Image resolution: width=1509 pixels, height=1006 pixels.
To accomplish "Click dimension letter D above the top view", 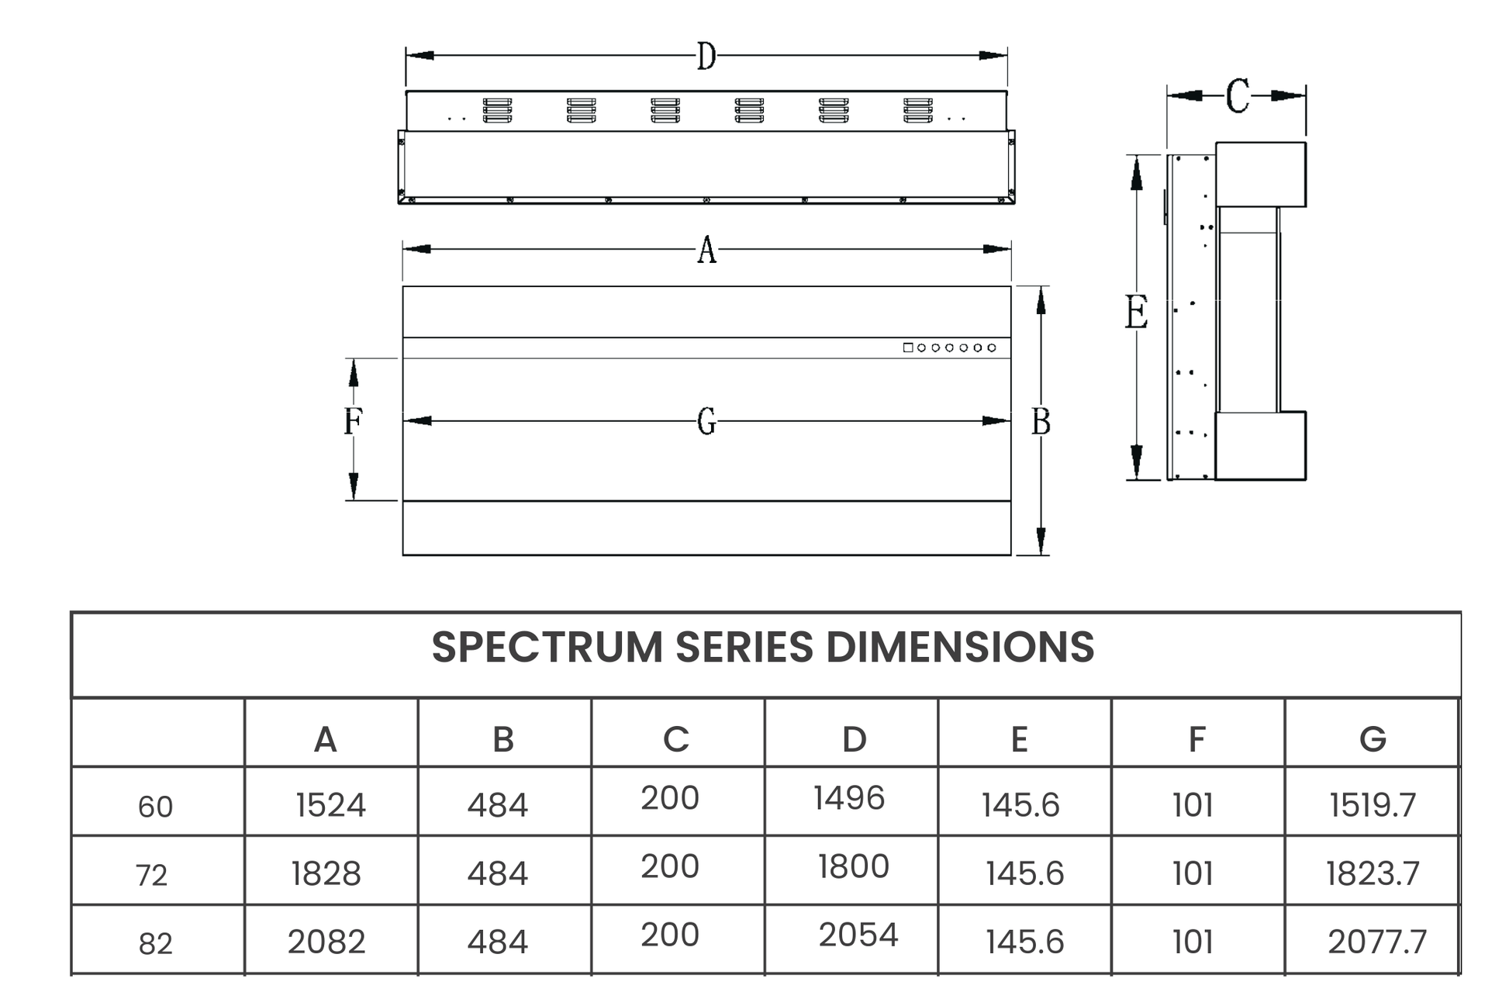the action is point(706,56).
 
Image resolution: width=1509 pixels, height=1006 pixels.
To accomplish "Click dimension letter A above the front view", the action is point(706,250).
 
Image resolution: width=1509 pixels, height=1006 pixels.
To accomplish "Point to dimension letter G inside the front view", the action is point(706,421).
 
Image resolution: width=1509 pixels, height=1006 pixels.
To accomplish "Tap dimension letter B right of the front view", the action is point(1041,421).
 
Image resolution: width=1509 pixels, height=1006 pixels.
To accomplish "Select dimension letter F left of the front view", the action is point(353,421).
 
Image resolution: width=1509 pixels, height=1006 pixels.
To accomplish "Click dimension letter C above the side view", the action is point(1238,96).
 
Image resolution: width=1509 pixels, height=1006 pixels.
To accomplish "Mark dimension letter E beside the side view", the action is point(1136,313).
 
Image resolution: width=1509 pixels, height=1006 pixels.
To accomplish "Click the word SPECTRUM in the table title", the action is point(547,647).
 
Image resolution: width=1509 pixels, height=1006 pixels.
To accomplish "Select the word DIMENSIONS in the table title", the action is point(960,647).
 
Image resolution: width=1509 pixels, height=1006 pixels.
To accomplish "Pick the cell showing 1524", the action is point(330,805).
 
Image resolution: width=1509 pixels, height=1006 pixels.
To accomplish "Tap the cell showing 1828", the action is point(326,873).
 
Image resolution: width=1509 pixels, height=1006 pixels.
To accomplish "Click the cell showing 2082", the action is point(326,942).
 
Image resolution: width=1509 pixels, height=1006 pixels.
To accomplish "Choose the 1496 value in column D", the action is point(849,798).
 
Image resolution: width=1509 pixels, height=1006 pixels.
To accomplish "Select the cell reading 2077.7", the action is point(1376,942).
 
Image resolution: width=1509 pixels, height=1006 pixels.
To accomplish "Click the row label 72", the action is point(151,875).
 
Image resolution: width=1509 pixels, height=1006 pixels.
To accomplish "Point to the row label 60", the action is point(155,807).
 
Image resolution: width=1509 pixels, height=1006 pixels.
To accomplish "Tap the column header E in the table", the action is point(1019,739).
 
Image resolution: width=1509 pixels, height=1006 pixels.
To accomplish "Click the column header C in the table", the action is point(676,739).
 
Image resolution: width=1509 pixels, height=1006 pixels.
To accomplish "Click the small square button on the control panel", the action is point(908,347).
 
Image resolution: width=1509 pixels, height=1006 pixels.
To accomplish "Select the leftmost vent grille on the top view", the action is point(497,110).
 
